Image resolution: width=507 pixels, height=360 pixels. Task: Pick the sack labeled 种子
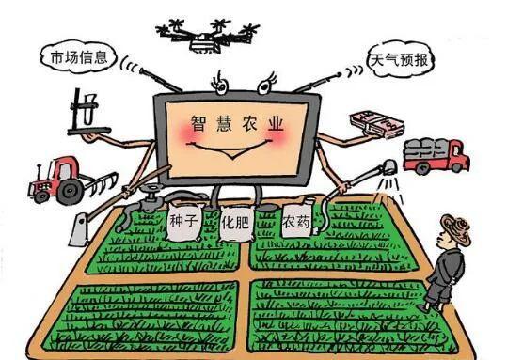(x=181, y=222)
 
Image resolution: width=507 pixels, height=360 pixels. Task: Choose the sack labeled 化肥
(x=235, y=226)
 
